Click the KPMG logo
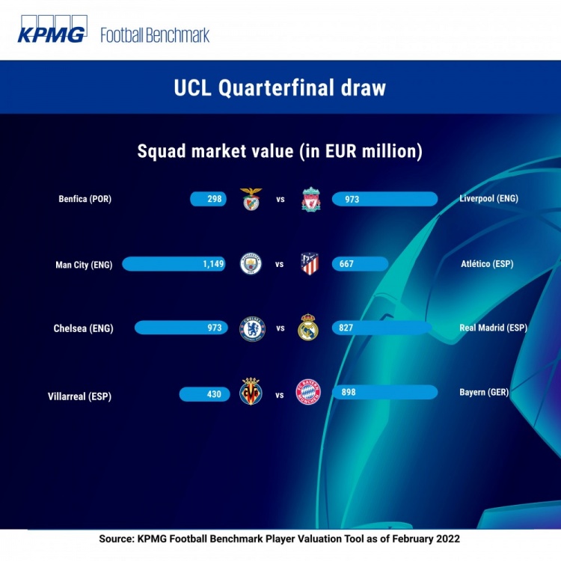pyautogui.click(x=52, y=29)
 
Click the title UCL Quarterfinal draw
pyautogui.click(x=280, y=88)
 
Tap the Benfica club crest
pyautogui.click(x=251, y=199)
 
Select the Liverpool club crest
pyautogui.click(x=311, y=199)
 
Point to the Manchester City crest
pyautogui.click(x=251, y=264)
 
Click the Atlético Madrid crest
pyautogui.click(x=310, y=264)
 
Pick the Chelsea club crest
pyautogui.click(x=252, y=328)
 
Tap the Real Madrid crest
pyautogui.click(x=307, y=327)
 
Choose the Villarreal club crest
pyautogui.click(x=251, y=391)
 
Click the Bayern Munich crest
pyautogui.click(x=308, y=392)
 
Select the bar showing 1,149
pyautogui.click(x=174, y=264)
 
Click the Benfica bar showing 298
pyautogui.click(x=208, y=199)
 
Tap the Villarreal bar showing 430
pyautogui.click(x=205, y=394)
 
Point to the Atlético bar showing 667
pyautogui.click(x=360, y=264)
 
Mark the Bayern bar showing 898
pyautogui.click(x=384, y=392)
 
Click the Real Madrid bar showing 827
pyautogui.click(x=381, y=328)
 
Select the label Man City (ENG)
pyautogui.click(x=84, y=265)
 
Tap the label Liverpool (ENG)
pyautogui.click(x=488, y=198)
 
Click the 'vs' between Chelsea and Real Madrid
pyautogui.click(x=280, y=328)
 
